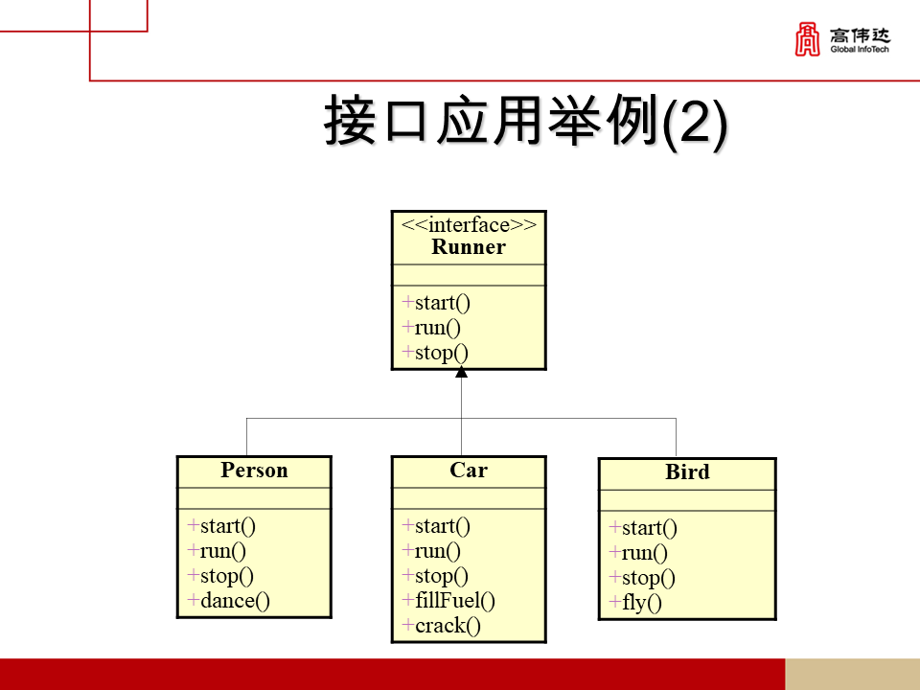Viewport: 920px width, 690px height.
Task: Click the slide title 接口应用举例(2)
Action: [x=525, y=123]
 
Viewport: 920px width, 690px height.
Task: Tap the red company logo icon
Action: [x=808, y=39]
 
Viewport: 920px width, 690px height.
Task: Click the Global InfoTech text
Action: [x=860, y=49]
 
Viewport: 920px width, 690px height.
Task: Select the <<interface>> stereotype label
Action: [x=469, y=225]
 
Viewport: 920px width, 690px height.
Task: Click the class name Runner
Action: [x=469, y=247]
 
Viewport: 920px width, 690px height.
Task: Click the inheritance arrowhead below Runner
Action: [x=461, y=373]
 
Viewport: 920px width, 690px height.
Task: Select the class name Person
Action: [x=254, y=471]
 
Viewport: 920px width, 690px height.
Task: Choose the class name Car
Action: [x=469, y=471]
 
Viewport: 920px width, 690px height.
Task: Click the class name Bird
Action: [x=687, y=472]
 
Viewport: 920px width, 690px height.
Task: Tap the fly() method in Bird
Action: [x=641, y=603]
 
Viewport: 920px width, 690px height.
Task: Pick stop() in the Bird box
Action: [x=648, y=578]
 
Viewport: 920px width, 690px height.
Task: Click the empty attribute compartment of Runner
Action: [x=469, y=275]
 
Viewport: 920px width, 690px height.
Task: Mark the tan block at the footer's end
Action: [x=852, y=674]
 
